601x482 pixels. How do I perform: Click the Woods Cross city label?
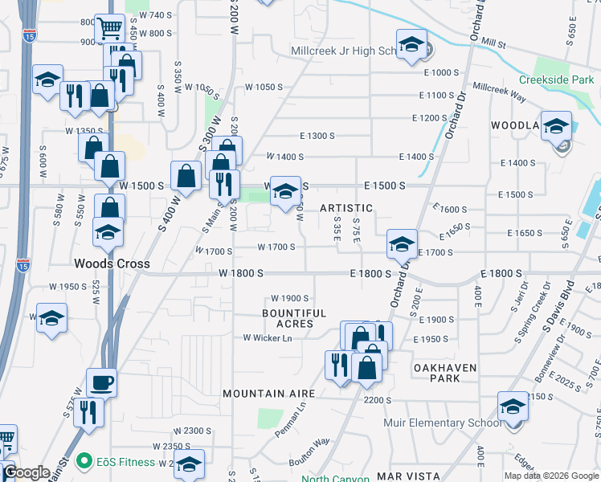click(x=108, y=263)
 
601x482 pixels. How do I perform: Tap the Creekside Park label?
click(x=556, y=80)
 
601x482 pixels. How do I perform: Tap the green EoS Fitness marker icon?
click(x=82, y=462)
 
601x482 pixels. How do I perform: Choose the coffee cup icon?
click(x=101, y=382)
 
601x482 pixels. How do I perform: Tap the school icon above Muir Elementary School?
click(x=512, y=406)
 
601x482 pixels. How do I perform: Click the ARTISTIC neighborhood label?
click(x=347, y=208)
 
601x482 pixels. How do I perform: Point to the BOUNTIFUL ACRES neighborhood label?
click(x=294, y=318)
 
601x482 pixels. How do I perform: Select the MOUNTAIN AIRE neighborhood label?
click(x=268, y=394)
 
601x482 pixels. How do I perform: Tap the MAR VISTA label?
click(x=405, y=476)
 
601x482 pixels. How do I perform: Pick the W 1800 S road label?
click(x=240, y=273)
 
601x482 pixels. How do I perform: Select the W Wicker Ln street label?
click(x=267, y=337)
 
